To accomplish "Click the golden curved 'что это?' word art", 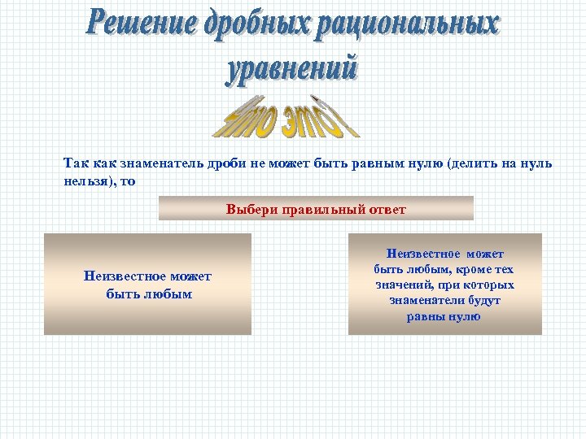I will tap(286, 118).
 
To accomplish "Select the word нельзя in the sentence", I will tap(85, 181).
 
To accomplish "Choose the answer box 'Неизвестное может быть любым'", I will tap(148, 285).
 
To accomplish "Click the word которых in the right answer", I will tap(492, 285).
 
